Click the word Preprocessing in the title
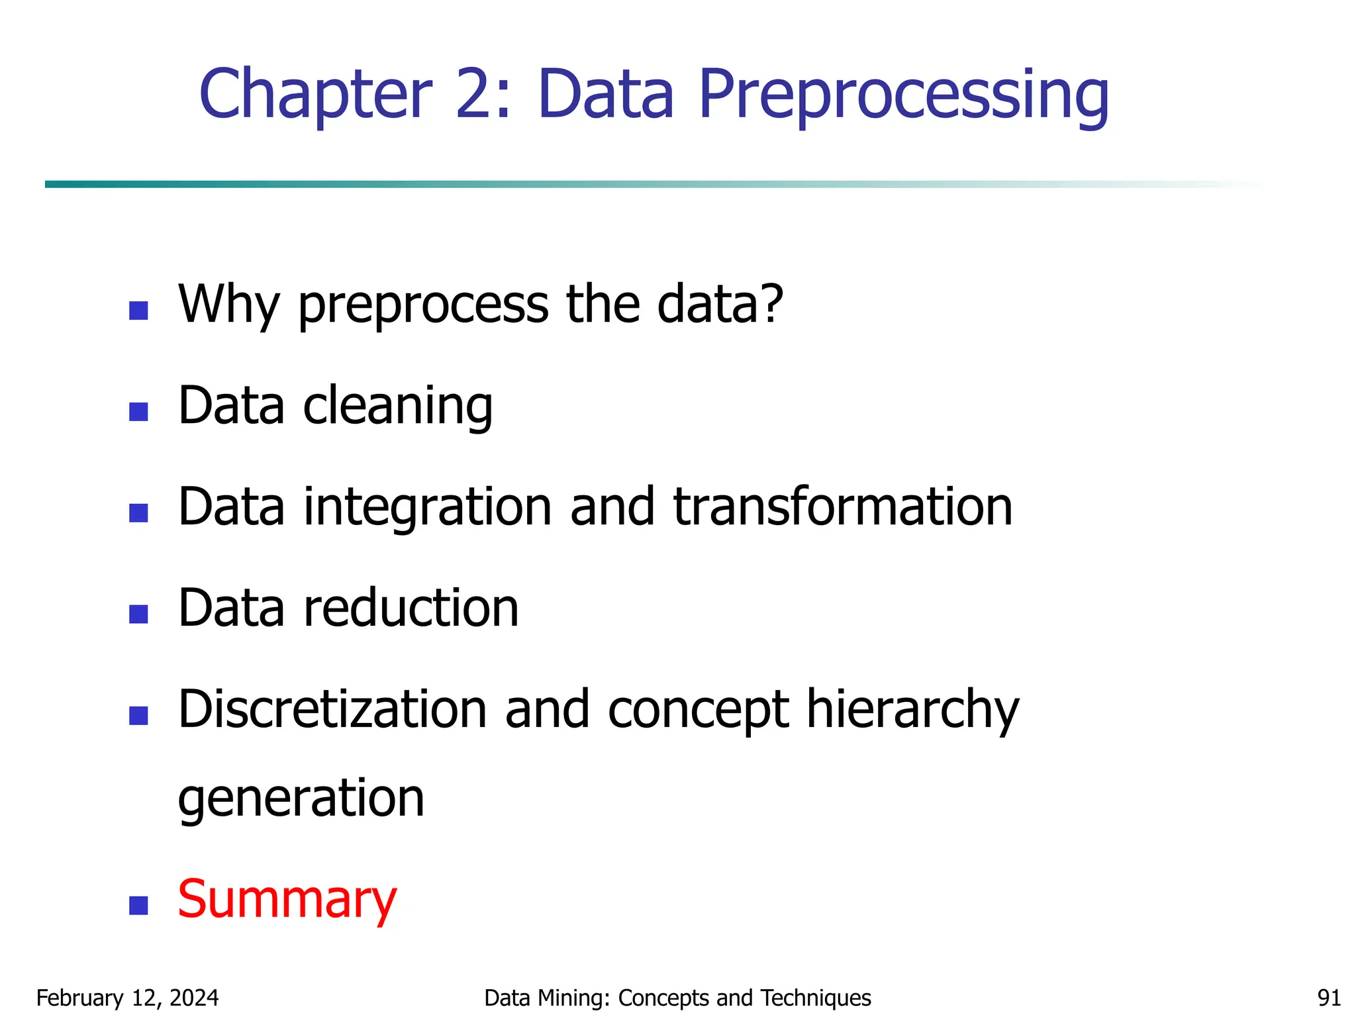coord(903,96)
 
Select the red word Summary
coord(287,900)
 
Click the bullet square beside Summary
coord(138,905)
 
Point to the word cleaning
coord(397,406)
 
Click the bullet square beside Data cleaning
coord(138,412)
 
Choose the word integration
coord(428,507)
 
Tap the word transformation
coord(842,507)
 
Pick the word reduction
coord(411,608)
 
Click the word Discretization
coord(333,709)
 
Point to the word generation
coord(301,799)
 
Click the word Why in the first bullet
coord(229,305)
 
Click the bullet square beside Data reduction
coord(138,614)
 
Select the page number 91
coord(1329,998)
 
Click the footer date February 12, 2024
coord(127,998)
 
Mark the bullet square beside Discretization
coord(138,716)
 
